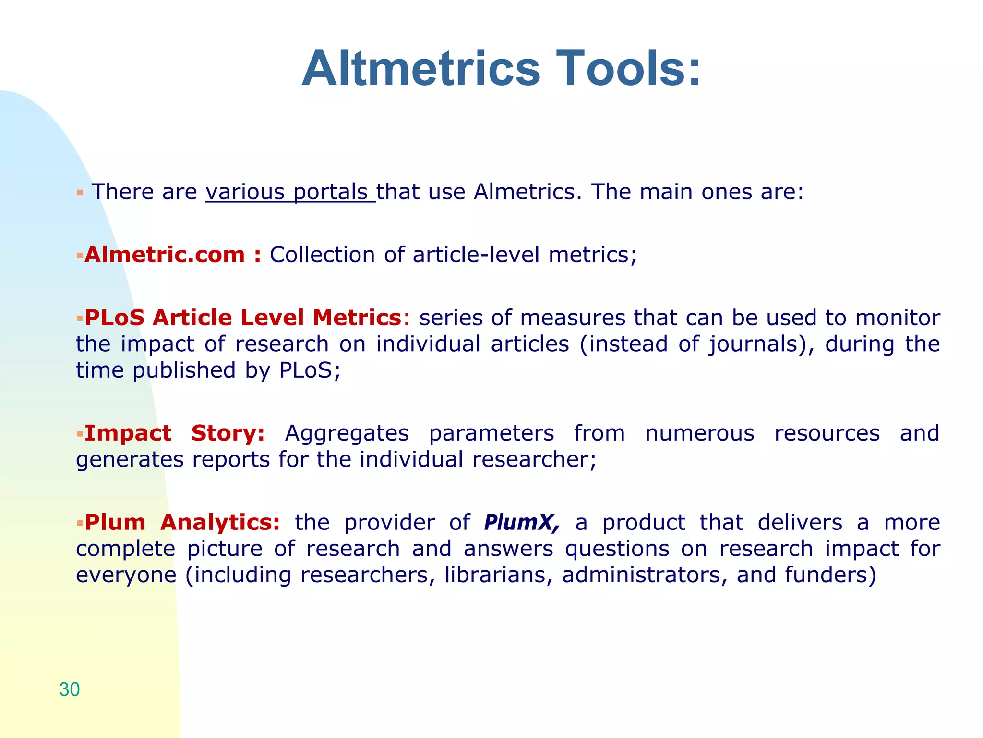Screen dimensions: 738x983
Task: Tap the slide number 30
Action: [70, 689]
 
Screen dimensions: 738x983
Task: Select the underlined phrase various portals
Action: [290, 192]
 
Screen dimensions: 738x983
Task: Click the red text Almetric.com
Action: [165, 255]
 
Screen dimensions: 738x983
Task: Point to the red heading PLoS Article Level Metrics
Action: [243, 318]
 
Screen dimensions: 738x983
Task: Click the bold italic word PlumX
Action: [521, 522]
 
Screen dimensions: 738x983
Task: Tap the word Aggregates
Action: [347, 433]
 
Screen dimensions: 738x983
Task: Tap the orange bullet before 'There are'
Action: [80, 193]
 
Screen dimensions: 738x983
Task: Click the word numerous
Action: [699, 433]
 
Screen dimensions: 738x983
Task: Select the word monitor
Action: [897, 318]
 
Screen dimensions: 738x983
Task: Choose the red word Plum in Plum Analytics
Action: [115, 522]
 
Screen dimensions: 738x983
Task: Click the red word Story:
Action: [228, 433]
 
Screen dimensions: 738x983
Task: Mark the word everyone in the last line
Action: [126, 575]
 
